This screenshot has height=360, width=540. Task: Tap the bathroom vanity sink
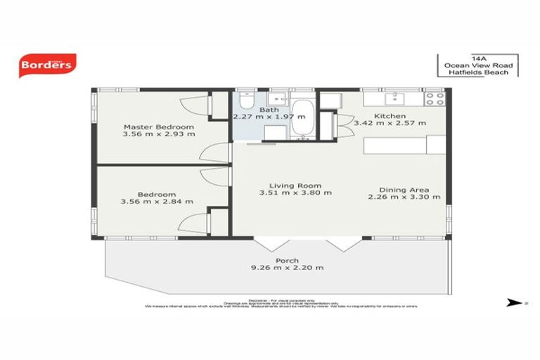[x=277, y=98]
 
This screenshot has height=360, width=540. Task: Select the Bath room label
[x=269, y=110]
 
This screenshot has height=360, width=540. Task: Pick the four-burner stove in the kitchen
[x=434, y=99]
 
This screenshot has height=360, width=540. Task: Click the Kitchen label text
[x=389, y=115]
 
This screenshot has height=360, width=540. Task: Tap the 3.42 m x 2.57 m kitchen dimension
[x=390, y=123]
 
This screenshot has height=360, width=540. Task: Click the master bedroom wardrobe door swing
[x=192, y=107]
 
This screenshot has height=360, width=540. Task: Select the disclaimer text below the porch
[x=281, y=303]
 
